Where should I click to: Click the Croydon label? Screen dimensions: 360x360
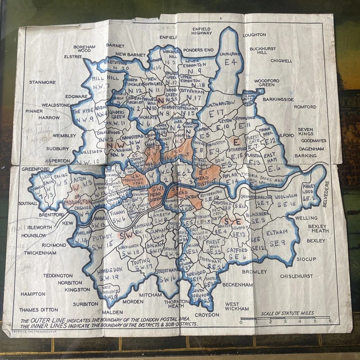[206, 315]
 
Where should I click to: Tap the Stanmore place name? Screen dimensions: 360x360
[43, 82]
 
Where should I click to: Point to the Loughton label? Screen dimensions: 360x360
[254, 34]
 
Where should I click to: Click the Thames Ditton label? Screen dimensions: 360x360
[38, 310]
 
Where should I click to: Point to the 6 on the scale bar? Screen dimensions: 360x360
[330, 321]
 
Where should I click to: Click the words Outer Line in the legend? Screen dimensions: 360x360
[44, 321]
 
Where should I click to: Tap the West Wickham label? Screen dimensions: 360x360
[237, 307]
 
